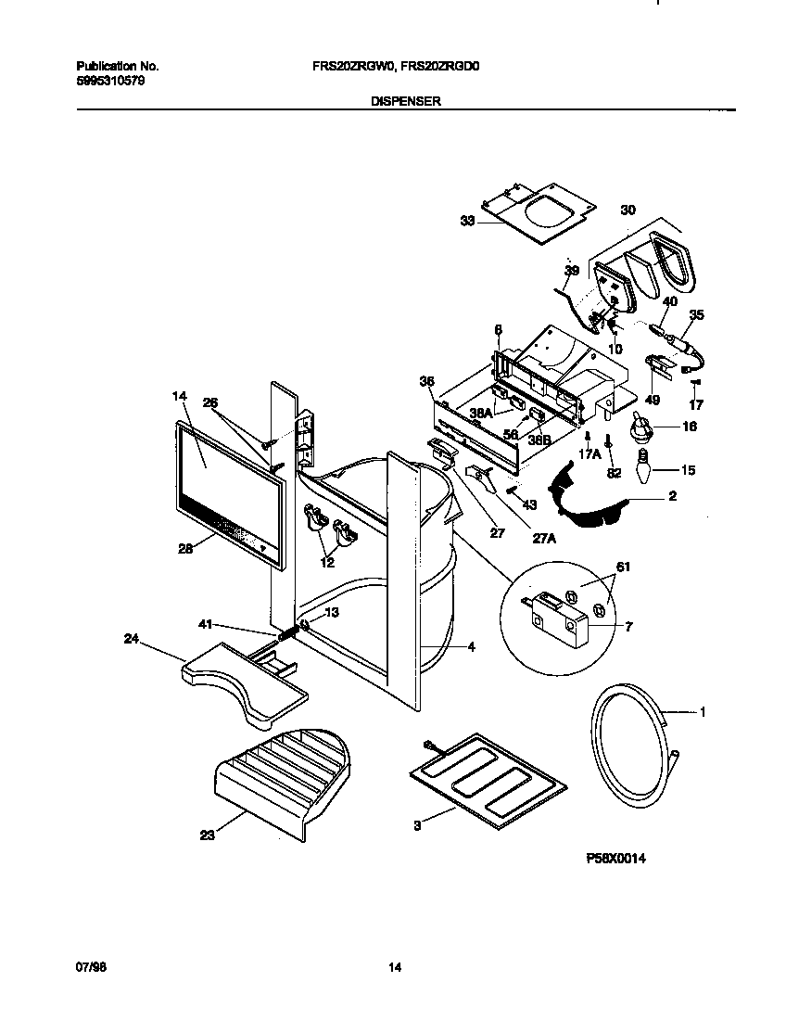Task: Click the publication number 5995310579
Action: coord(109,81)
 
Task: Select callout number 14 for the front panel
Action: coord(179,397)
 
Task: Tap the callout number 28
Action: coord(185,549)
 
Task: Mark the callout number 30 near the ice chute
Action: coord(628,210)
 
